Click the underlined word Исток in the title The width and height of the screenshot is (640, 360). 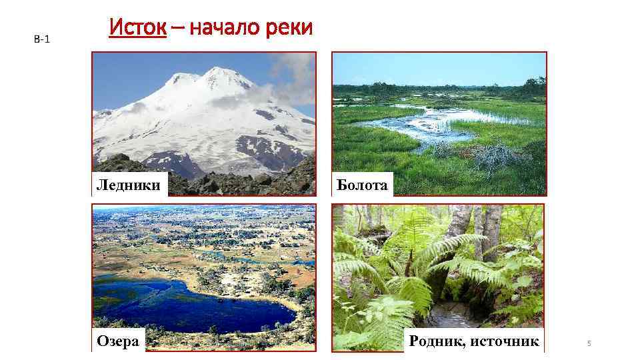[137, 28]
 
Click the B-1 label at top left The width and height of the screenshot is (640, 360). [41, 39]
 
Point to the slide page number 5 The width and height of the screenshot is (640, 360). [589, 343]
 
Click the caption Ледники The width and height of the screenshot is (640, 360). [129, 185]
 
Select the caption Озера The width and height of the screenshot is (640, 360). [118, 341]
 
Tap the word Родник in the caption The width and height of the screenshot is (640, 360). [437, 341]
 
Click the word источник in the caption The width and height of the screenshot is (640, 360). [505, 341]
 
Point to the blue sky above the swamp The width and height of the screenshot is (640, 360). [440, 67]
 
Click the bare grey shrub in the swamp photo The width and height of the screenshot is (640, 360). [493, 157]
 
